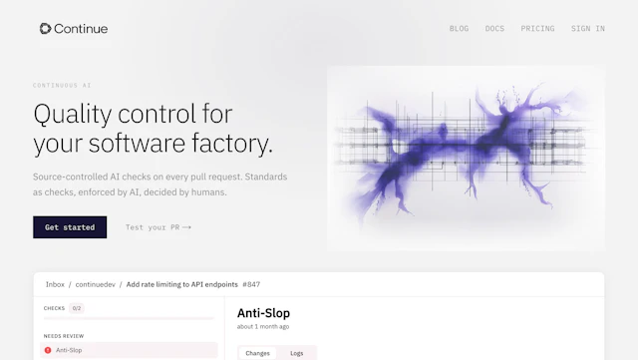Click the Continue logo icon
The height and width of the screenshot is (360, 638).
point(46,29)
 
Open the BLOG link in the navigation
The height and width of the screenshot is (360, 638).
point(459,29)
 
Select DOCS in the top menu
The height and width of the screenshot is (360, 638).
point(494,29)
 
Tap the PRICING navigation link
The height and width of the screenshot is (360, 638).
point(537,29)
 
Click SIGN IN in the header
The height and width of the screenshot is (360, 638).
point(587,29)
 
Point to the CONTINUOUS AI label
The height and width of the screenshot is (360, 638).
point(62,86)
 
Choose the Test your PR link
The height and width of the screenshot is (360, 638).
point(158,227)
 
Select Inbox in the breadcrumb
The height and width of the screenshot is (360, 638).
point(55,284)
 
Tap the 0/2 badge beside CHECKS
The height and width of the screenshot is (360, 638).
point(77,308)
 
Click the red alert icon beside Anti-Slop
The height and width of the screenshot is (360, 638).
point(48,350)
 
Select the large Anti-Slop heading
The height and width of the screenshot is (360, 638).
point(263,314)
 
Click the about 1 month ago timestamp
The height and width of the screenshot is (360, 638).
point(263,327)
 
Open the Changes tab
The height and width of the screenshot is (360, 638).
point(257,353)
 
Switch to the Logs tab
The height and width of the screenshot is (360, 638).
point(296,353)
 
